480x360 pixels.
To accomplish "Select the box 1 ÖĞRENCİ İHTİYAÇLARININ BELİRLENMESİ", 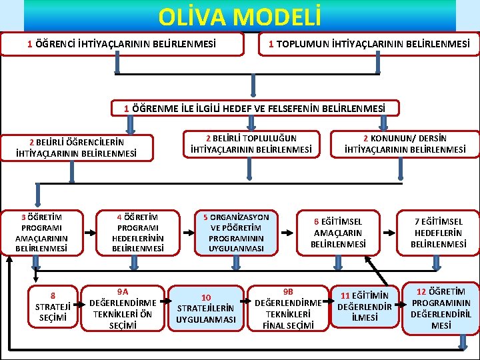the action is tap(121, 45).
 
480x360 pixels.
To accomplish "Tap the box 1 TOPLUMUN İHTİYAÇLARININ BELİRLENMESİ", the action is tap(369, 45).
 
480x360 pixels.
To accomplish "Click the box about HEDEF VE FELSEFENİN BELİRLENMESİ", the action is tap(255, 107).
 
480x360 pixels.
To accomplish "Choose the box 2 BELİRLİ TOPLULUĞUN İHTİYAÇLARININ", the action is tap(251, 143).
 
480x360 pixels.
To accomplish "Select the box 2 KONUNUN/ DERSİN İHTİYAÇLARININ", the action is tap(405, 143).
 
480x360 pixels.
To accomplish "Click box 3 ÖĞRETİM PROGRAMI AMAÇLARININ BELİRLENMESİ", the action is tap(41, 233).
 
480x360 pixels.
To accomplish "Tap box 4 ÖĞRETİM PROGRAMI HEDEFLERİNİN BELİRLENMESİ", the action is tap(138, 233).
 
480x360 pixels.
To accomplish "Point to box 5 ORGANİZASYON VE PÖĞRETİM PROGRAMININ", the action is tap(236, 233).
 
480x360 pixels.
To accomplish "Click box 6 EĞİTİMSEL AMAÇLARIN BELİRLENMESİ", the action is tap(338, 233).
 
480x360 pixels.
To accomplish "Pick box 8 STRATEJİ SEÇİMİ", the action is tap(53, 306).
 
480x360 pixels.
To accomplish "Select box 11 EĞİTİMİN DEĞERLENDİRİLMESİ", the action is tap(365, 306).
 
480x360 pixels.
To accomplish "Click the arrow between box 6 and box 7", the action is tap(389, 233).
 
